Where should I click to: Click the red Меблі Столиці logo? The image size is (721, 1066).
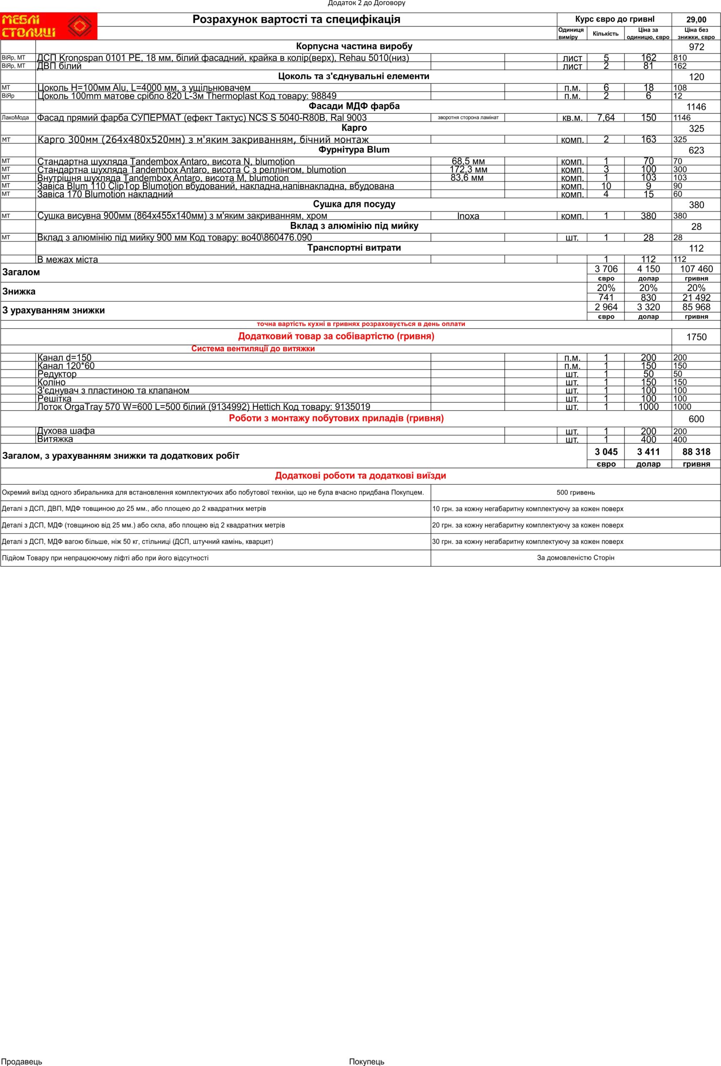click(49, 26)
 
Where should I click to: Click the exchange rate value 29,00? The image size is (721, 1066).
click(696, 20)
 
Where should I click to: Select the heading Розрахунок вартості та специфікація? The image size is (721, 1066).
click(296, 19)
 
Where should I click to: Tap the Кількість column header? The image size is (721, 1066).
click(605, 33)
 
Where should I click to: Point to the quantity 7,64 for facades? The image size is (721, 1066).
click(605, 118)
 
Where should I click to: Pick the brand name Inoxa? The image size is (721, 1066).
click(468, 216)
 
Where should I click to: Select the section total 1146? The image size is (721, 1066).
click(696, 107)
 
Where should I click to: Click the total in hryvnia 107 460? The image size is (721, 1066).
click(696, 269)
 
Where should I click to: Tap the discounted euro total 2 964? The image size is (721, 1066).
click(606, 307)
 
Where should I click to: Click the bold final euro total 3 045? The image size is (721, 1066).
click(606, 452)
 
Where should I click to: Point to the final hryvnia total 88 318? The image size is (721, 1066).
click(696, 452)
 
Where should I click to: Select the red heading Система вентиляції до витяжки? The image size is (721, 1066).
click(253, 349)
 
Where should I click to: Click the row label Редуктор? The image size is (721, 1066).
click(57, 374)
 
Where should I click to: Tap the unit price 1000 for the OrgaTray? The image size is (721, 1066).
click(648, 407)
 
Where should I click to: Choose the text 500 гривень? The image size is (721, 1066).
click(575, 493)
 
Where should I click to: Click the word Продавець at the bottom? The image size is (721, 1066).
click(21, 1061)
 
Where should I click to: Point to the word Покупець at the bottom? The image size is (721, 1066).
click(366, 1061)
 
